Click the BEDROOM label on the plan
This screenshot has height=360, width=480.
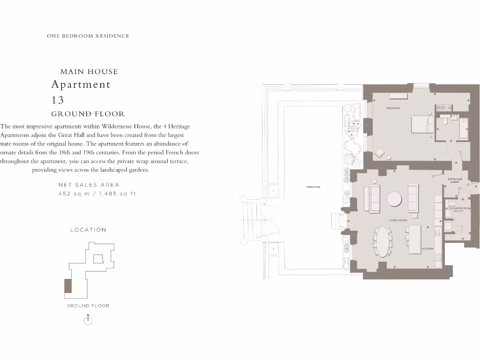tap(393, 108)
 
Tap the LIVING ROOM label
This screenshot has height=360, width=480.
tap(398, 220)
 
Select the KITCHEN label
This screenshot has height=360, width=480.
tap(427, 248)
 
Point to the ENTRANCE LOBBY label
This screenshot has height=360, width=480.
tap(455, 180)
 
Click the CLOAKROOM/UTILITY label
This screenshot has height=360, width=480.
tap(459, 210)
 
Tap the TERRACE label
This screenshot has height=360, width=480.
tap(313, 187)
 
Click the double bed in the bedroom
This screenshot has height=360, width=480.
tap(422, 126)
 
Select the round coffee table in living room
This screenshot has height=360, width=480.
tap(394, 199)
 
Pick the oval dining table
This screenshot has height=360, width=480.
tap(383, 241)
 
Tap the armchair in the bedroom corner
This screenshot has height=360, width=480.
tap(379, 152)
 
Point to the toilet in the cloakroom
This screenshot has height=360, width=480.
tap(452, 204)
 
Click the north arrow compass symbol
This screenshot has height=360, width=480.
tap(88, 320)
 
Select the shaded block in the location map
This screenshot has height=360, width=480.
tap(68, 286)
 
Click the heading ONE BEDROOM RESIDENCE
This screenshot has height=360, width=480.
tap(88, 36)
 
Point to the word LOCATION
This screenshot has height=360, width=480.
tap(88, 230)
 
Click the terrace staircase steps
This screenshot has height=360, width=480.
tap(251, 220)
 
